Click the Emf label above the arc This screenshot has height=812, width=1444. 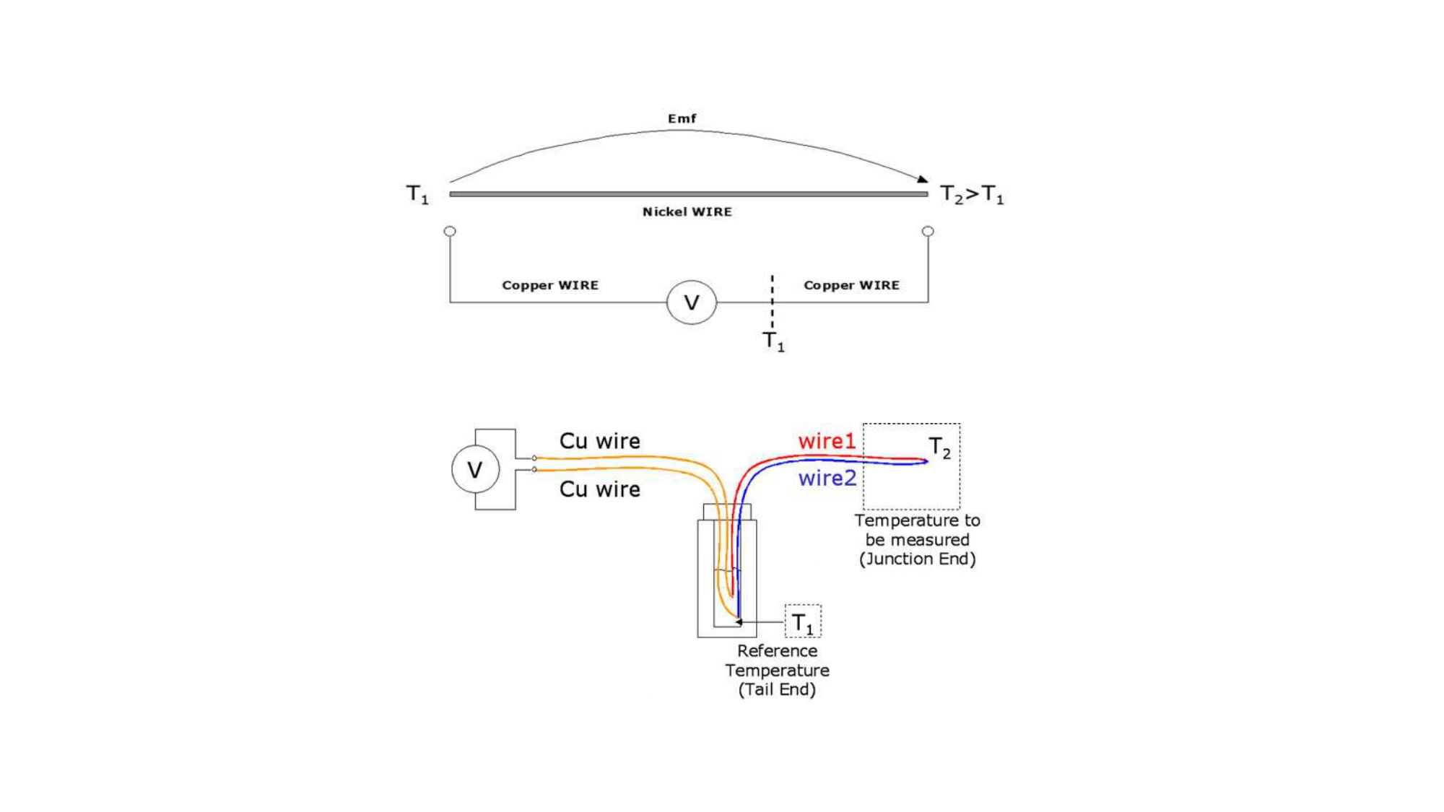(x=682, y=118)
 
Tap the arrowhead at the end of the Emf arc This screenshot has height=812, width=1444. (x=923, y=179)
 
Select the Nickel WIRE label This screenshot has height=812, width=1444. (x=687, y=211)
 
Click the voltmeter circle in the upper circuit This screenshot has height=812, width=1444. (x=691, y=302)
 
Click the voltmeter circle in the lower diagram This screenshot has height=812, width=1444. (x=475, y=470)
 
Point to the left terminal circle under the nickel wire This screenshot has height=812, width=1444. (x=450, y=232)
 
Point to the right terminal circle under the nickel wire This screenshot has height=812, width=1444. (x=928, y=232)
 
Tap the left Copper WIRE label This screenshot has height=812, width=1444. (x=550, y=285)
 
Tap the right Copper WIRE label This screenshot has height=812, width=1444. (x=851, y=285)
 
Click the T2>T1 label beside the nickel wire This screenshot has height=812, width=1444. (x=971, y=194)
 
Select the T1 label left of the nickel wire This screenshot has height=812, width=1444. (x=417, y=194)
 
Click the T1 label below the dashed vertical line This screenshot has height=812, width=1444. (x=773, y=341)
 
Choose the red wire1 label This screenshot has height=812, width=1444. (x=826, y=441)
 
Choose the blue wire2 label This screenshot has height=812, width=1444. (x=827, y=478)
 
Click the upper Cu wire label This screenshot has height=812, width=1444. (x=599, y=441)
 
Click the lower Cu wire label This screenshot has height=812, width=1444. (x=599, y=489)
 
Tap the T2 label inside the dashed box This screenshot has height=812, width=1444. (x=939, y=448)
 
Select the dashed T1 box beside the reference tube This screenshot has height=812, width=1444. (x=803, y=621)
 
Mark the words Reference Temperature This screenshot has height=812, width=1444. (x=777, y=660)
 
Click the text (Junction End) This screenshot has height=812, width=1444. (x=917, y=559)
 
